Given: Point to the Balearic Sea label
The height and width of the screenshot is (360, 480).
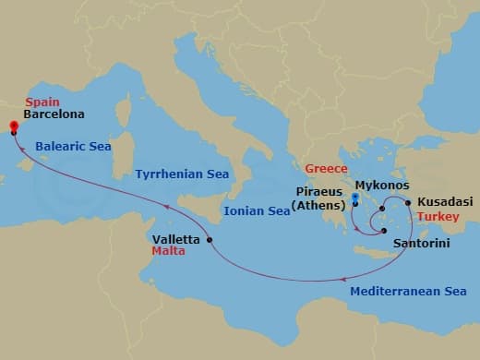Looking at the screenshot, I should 73,145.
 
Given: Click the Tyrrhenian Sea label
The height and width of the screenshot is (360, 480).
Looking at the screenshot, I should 182,174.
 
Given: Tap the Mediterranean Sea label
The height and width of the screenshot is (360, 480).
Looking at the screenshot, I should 408,291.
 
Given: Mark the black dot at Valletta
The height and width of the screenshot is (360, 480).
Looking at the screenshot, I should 210,240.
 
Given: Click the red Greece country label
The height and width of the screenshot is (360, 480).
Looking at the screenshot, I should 327,169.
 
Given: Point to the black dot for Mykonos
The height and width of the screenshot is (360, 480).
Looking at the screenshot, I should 381,210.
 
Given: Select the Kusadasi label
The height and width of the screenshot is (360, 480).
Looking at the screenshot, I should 445,201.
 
